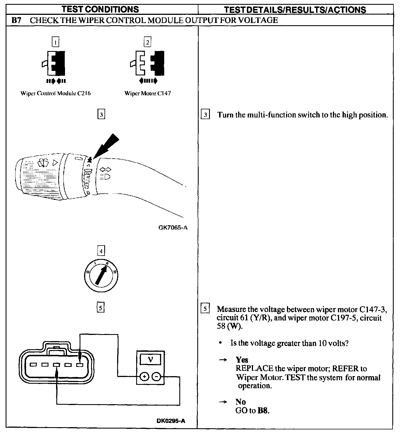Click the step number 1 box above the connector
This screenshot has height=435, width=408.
[56, 42]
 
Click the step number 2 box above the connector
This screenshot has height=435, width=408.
[147, 42]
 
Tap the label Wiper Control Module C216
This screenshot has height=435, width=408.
[55, 93]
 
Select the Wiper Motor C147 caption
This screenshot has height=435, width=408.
[148, 93]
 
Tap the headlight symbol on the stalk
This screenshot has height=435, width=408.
[105, 177]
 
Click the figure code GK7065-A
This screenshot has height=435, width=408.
[173, 228]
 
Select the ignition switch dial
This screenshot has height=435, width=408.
[101, 273]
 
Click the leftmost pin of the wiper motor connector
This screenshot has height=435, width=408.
[33, 365]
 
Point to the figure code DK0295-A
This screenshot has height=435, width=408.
[171, 421]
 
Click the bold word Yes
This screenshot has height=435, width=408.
[242, 360]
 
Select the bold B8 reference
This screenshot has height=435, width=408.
[263, 411]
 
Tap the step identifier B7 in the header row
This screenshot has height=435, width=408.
[16, 20]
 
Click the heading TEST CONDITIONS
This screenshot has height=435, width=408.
[100, 9]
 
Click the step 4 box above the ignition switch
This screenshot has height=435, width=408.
[101, 251]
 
